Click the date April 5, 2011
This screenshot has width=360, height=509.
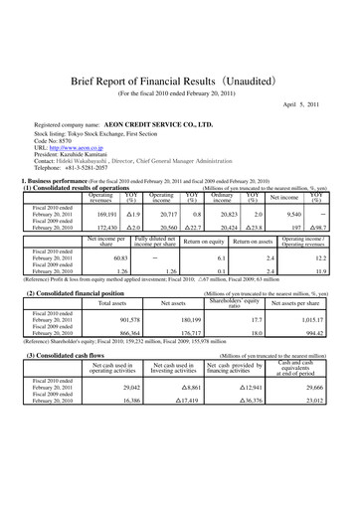click(x=313, y=104)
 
